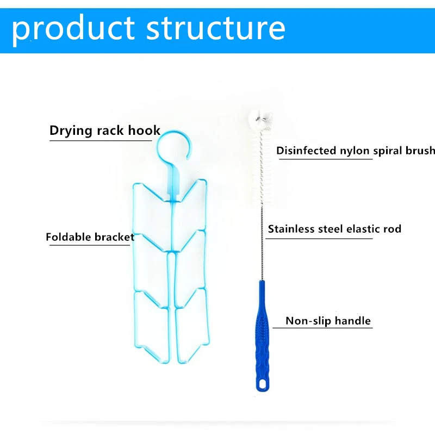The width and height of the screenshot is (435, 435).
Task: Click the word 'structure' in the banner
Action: pos(216,28)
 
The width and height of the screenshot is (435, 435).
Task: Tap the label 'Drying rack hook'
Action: pos(105,130)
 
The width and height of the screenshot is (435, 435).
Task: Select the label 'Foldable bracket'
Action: pos(90,237)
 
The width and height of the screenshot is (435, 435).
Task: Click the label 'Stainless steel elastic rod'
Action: pos(334,229)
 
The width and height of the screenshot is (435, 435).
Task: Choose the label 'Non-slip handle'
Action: pos(328,321)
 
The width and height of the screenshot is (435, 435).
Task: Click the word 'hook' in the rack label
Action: pos(144,130)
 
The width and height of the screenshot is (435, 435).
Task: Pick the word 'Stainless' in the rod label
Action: pos(291,229)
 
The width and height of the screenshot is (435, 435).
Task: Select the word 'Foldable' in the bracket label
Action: pos(69,237)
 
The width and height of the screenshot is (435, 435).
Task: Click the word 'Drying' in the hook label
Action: pos(68,130)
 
